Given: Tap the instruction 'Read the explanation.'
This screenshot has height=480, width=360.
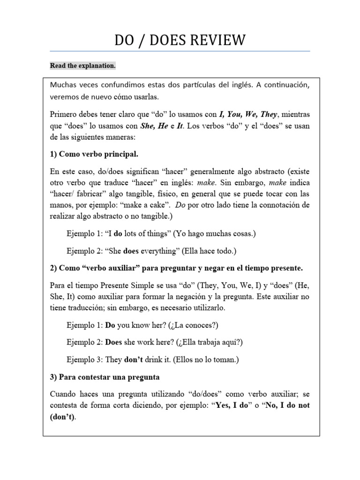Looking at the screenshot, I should (x=82, y=66).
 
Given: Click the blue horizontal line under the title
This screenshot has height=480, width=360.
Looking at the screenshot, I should (x=180, y=51).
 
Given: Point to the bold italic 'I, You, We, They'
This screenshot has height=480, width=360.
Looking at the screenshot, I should (x=252, y=114).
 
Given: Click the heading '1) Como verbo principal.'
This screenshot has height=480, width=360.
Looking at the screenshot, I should (x=94, y=154).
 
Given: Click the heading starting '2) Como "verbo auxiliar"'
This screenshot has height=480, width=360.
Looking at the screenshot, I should (x=176, y=268).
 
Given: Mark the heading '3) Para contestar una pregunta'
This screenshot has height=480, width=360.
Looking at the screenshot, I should (x=105, y=377).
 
